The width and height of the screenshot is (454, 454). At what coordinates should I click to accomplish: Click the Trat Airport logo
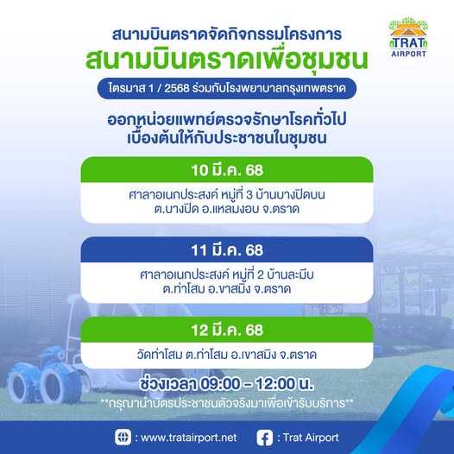point(408,37)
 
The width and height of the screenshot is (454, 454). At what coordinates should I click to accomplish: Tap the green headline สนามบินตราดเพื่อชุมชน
point(227,60)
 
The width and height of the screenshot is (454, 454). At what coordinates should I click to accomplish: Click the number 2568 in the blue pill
point(177,88)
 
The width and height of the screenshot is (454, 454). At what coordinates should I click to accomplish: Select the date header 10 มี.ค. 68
point(227,170)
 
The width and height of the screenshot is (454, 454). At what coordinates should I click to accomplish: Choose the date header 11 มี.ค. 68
point(227,250)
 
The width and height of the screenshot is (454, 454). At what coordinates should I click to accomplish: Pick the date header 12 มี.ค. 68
point(227,330)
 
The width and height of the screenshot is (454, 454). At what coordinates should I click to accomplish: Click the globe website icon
point(123,438)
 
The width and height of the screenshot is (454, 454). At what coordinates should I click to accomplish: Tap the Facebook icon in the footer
point(265,438)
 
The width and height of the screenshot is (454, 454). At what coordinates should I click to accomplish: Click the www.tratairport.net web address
point(189,438)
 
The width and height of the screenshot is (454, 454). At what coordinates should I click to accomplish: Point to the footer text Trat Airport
point(311,438)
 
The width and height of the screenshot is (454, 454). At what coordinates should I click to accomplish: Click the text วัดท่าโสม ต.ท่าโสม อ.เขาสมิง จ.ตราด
point(227,355)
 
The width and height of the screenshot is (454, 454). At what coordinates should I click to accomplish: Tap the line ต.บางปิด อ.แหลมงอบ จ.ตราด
point(227,209)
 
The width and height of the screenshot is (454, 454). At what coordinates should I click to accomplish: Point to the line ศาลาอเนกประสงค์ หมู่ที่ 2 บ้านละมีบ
point(227,274)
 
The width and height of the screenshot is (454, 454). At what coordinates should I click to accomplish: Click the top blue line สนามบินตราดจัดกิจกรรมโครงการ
point(227,35)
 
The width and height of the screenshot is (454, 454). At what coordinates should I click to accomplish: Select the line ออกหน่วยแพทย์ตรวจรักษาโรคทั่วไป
point(227,119)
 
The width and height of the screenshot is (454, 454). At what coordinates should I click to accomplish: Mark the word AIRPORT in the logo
point(408,54)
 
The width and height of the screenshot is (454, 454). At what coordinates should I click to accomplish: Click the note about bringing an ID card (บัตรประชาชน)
point(227,403)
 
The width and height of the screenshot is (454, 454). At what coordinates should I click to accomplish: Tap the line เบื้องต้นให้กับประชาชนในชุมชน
point(227,138)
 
